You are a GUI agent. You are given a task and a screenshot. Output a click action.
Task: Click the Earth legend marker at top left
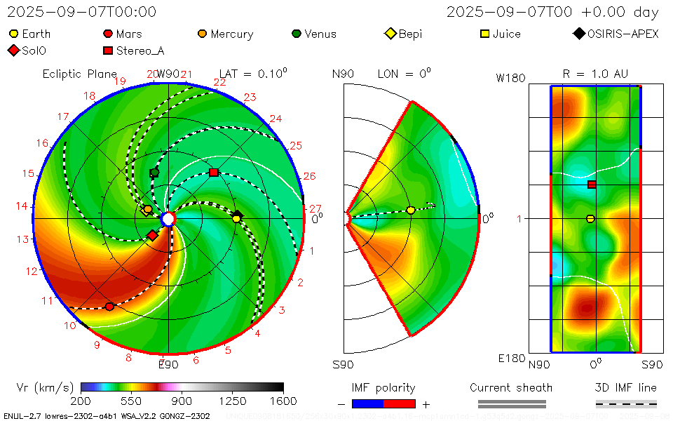pos(13,34)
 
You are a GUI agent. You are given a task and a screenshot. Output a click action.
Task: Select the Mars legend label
pos(129,34)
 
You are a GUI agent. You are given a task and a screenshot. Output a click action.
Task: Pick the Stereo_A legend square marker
pos(108,51)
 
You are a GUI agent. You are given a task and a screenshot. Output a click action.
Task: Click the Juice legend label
pos(506,34)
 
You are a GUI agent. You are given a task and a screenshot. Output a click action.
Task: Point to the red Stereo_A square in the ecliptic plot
pos(214,173)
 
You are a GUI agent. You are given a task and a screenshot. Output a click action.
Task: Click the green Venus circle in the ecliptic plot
pos(154,173)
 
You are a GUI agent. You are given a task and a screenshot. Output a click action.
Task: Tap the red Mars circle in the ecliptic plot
pos(109,307)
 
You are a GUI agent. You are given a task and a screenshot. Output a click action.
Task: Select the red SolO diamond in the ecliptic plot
pos(152,235)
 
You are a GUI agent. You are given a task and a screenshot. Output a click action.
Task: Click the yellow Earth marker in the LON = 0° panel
pos(411,210)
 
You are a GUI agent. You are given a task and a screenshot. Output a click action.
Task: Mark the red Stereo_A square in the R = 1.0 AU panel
pos(592,185)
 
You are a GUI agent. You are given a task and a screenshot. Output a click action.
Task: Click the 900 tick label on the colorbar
pos(182,401)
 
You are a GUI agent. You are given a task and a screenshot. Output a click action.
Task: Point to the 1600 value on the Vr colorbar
pos(283,401)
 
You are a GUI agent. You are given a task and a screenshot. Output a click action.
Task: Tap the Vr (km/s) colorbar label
pos(45,387)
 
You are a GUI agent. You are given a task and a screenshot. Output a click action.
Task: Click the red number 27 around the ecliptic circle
pos(315,208)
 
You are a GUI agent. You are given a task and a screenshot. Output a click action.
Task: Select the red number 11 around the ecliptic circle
pos(47,301)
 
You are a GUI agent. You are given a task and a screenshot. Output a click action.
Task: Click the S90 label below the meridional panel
pos(343,365)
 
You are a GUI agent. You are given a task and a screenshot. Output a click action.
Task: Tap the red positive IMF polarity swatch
pos(400,403)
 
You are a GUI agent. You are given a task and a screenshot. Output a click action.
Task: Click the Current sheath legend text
pos(511,387)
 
